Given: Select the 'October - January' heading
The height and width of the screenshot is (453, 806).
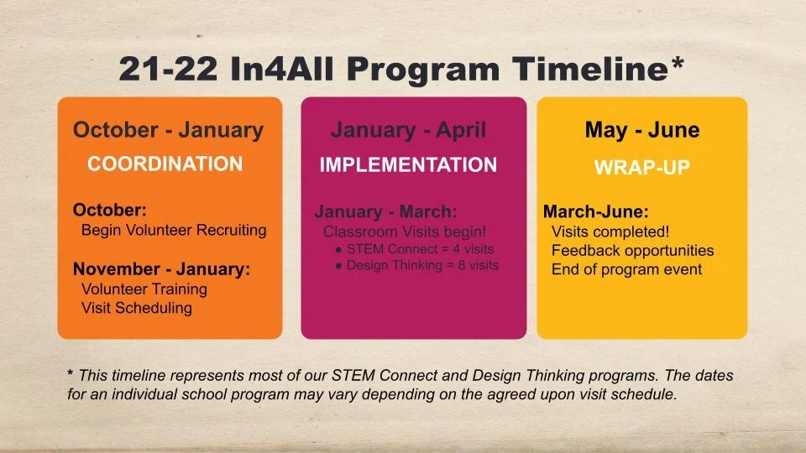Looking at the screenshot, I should (x=168, y=130).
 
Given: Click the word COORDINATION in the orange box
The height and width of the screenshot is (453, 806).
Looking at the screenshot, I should (x=165, y=164).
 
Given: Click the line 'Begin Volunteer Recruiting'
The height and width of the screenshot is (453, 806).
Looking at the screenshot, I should (x=173, y=230).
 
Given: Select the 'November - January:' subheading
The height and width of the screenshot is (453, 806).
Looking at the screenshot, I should (x=161, y=269).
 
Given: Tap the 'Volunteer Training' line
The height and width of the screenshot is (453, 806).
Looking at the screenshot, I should (x=144, y=289).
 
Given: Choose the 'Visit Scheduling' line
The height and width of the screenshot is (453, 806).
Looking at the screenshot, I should (x=136, y=308).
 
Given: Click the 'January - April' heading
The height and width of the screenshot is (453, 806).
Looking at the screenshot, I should (x=408, y=130).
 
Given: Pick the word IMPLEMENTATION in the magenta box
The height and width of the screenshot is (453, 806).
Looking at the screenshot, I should (x=408, y=165).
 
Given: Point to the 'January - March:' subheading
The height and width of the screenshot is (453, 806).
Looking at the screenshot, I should (x=385, y=211).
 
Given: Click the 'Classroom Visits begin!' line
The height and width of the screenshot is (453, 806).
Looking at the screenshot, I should (x=405, y=231).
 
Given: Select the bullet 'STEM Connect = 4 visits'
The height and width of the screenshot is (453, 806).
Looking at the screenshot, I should (x=420, y=249).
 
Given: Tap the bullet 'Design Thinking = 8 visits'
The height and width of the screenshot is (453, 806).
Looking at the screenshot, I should (x=422, y=265).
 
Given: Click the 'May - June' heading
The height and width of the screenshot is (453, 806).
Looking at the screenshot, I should (x=641, y=130).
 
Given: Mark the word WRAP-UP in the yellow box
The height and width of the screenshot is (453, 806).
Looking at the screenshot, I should (x=641, y=167).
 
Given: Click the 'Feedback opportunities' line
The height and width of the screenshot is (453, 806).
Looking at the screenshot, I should (x=632, y=251).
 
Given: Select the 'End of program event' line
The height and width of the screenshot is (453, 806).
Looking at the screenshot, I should (x=626, y=269).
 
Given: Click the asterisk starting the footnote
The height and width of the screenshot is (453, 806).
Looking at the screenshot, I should (x=71, y=374).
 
